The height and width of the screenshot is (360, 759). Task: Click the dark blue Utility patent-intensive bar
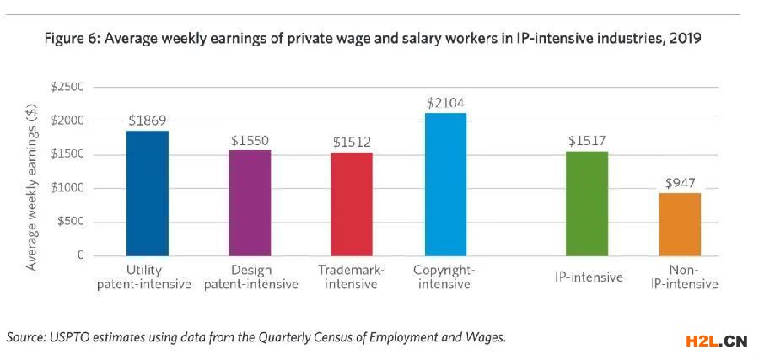tap(147, 193)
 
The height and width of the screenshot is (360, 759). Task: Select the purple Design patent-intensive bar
tap(250, 202)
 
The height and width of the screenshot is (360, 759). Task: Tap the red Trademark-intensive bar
tap(351, 203)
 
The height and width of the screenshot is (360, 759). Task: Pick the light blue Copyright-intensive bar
tap(445, 184)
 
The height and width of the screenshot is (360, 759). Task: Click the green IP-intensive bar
tap(586, 203)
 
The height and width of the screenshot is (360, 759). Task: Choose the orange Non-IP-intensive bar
tap(679, 223)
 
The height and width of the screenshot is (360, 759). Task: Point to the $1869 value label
tap(148, 121)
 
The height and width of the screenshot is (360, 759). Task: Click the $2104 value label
tap(445, 103)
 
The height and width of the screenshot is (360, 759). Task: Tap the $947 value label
tap(680, 182)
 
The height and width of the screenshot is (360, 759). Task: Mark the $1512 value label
tap(351, 142)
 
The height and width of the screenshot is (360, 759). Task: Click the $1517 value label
tap(586, 142)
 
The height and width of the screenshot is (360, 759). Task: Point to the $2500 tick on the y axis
tap(67, 87)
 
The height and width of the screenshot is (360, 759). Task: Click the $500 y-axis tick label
tap(69, 222)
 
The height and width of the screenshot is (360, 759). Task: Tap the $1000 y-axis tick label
tap(67, 188)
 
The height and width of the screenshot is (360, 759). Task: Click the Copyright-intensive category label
tap(445, 277)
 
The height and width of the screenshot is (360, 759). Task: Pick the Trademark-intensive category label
tap(351, 277)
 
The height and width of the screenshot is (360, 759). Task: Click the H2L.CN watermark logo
tap(713, 341)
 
